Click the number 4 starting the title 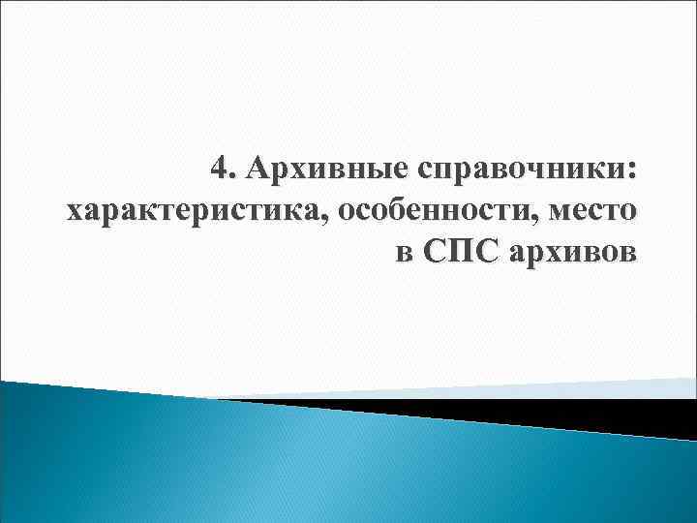pos(220,169)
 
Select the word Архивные pos(311,170)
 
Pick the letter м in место pos(561,212)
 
